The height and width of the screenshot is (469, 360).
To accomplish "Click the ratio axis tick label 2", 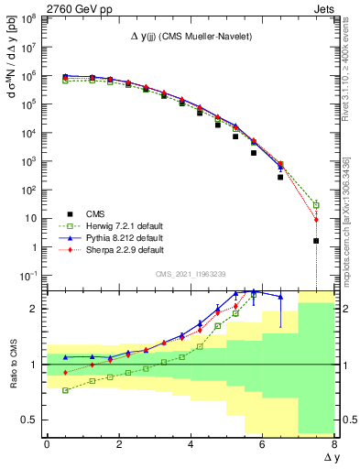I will click(35, 309).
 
